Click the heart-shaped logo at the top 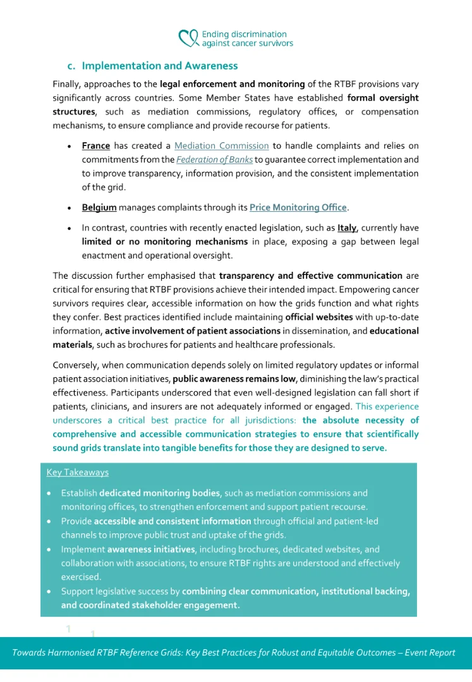(x=188, y=39)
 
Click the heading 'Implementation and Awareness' (x=160, y=66)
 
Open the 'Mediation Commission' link (x=221, y=146)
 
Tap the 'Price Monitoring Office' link (x=298, y=207)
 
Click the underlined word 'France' (x=96, y=146)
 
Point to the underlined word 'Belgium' (x=99, y=207)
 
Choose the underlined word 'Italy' (x=347, y=228)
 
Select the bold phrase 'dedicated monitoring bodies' (x=160, y=493)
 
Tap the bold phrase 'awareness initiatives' (x=151, y=549)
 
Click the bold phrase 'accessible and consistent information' (x=172, y=521)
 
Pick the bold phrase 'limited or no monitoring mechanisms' (x=164, y=241)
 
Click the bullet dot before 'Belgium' (x=69, y=207)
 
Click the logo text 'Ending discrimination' (x=244, y=34)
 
